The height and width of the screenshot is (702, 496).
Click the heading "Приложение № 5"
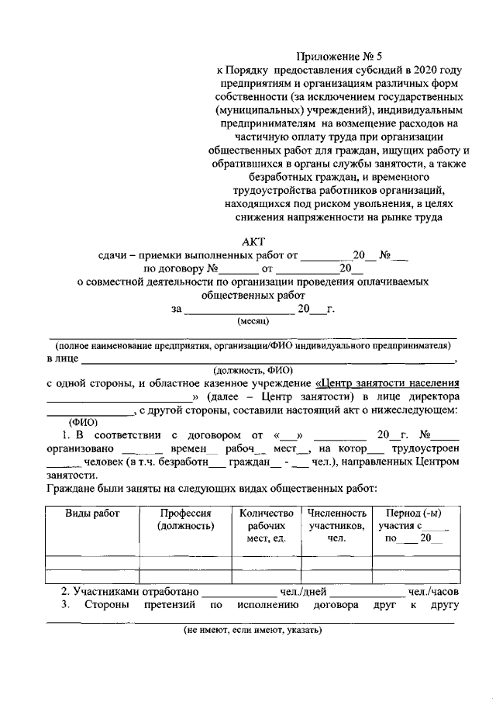point(340,56)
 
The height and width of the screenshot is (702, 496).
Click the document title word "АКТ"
point(254,240)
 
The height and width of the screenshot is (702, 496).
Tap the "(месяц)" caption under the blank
point(253,320)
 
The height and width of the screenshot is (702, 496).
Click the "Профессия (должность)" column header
point(185,520)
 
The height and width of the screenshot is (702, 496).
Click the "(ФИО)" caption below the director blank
point(84,422)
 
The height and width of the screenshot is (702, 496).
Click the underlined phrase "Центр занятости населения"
point(388,382)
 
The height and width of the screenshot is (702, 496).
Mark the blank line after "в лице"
point(268,360)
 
